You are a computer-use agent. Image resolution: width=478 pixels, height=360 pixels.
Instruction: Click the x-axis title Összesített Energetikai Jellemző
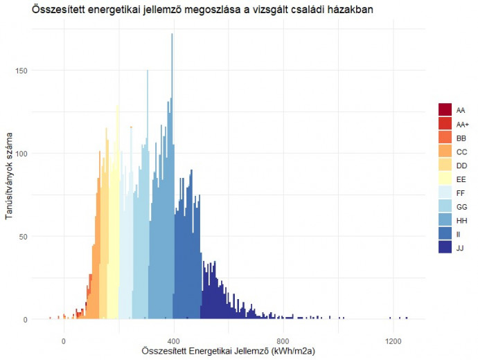[x=228, y=352]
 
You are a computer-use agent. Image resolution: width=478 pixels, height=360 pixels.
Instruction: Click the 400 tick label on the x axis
[x=173, y=341]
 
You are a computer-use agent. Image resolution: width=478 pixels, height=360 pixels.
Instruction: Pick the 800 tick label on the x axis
[x=283, y=341]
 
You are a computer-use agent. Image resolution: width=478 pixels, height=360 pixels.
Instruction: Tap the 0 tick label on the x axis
[x=64, y=341]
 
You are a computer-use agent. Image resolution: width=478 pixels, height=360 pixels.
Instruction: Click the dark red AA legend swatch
[x=445, y=110]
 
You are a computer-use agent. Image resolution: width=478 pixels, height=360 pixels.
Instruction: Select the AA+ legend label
[x=462, y=124]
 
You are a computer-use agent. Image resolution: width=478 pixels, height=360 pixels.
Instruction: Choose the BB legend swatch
[x=445, y=138]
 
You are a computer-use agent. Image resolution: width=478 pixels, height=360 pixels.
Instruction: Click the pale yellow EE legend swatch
[x=445, y=179]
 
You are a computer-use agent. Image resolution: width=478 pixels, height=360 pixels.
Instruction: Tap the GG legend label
[x=462, y=207]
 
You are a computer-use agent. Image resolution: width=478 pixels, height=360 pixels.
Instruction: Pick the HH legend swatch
[x=445, y=221]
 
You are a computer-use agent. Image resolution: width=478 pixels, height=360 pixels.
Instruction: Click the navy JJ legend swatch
[x=445, y=248]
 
